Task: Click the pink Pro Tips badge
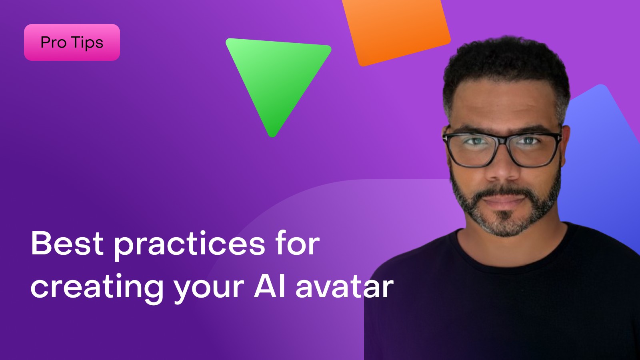72,42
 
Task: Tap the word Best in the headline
67,243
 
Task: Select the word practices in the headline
190,245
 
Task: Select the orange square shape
396,30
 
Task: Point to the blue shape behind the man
600,160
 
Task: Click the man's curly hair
506,66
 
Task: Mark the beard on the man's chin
504,224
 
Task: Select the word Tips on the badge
88,43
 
